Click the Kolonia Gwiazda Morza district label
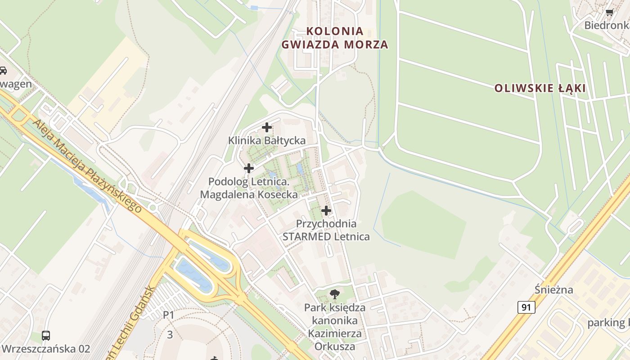tap(334, 38)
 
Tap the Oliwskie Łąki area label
tap(540, 88)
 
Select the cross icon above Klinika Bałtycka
tap(267, 127)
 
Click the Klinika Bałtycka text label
tap(267, 140)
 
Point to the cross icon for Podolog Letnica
tap(248, 168)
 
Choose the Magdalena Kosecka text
tap(249, 195)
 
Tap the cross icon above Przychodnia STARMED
tap(326, 211)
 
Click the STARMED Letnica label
tap(326, 237)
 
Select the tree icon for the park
tap(334, 295)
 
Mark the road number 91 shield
tap(526, 307)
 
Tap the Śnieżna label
tap(554, 289)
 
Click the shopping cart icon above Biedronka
tap(609, 13)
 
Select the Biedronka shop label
tap(606, 25)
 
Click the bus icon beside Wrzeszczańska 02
tap(46, 335)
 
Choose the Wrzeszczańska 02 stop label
tap(46, 349)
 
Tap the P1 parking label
tap(168, 315)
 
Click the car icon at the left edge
tap(3, 71)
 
